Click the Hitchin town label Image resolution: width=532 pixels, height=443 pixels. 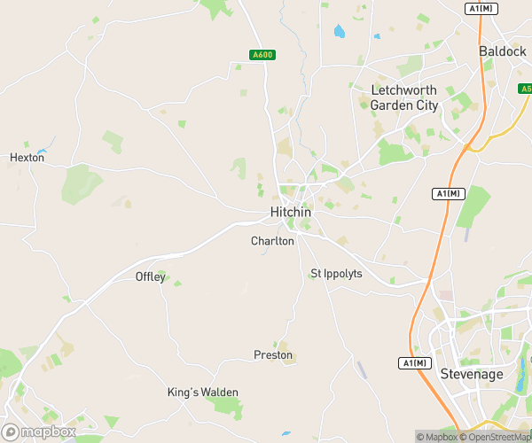[290, 213]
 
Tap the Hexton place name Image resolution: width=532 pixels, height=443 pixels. [27, 158]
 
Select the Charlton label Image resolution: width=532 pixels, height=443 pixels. [272, 241]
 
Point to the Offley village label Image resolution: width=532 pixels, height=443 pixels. [150, 276]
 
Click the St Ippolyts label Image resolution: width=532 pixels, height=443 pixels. [336, 274]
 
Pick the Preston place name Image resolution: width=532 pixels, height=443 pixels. [273, 355]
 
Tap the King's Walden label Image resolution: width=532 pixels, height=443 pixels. [203, 392]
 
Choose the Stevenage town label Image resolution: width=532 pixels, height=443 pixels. [472, 375]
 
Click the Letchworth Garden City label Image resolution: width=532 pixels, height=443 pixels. [403, 98]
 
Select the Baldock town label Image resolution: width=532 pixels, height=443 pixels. [503, 51]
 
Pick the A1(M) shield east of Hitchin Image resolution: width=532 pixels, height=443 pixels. [448, 193]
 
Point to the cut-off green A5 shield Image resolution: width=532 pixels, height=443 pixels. [526, 89]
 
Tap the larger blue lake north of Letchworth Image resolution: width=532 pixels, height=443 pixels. [339, 32]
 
